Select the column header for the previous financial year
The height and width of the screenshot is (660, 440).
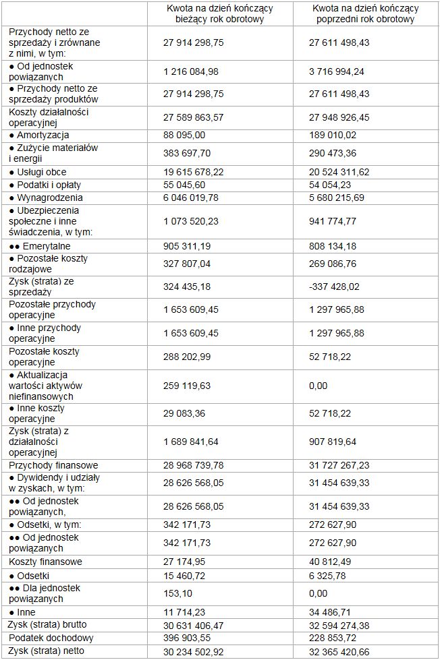365,14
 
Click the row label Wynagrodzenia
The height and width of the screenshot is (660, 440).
46,198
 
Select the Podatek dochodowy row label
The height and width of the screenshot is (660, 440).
51,638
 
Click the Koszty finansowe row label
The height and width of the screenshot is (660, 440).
45,562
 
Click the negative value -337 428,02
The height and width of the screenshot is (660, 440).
335,287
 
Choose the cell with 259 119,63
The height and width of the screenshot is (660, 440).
187,386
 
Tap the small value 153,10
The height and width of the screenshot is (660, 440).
177,593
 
